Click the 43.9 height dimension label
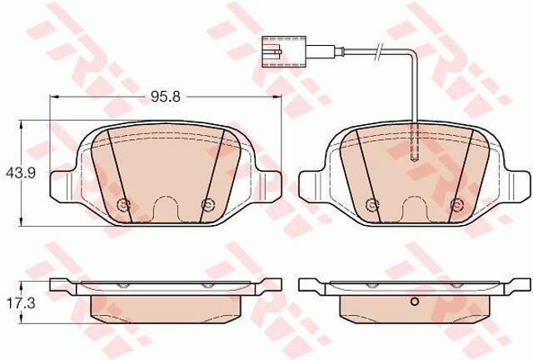coord(21,173)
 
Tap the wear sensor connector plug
coord(283,52)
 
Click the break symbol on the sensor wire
coord(378,52)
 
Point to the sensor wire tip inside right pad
coord(415,157)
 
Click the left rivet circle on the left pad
coord(122,204)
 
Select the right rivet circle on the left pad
coord(207,204)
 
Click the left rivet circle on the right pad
coord(371,204)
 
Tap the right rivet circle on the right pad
coord(456,204)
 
